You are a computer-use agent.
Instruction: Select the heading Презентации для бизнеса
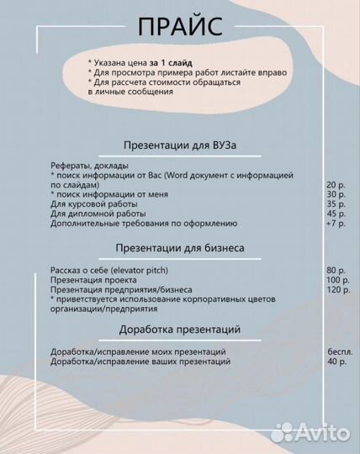[x=179, y=249]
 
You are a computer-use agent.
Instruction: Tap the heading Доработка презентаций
[x=179, y=328]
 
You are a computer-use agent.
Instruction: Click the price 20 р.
[x=336, y=184]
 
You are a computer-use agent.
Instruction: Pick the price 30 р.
[x=336, y=194]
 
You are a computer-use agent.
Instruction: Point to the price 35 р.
[x=336, y=204]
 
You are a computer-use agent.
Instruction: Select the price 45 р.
[x=336, y=214]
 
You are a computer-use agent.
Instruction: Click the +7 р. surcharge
[x=336, y=224]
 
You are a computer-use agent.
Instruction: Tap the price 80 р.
[x=336, y=270]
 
